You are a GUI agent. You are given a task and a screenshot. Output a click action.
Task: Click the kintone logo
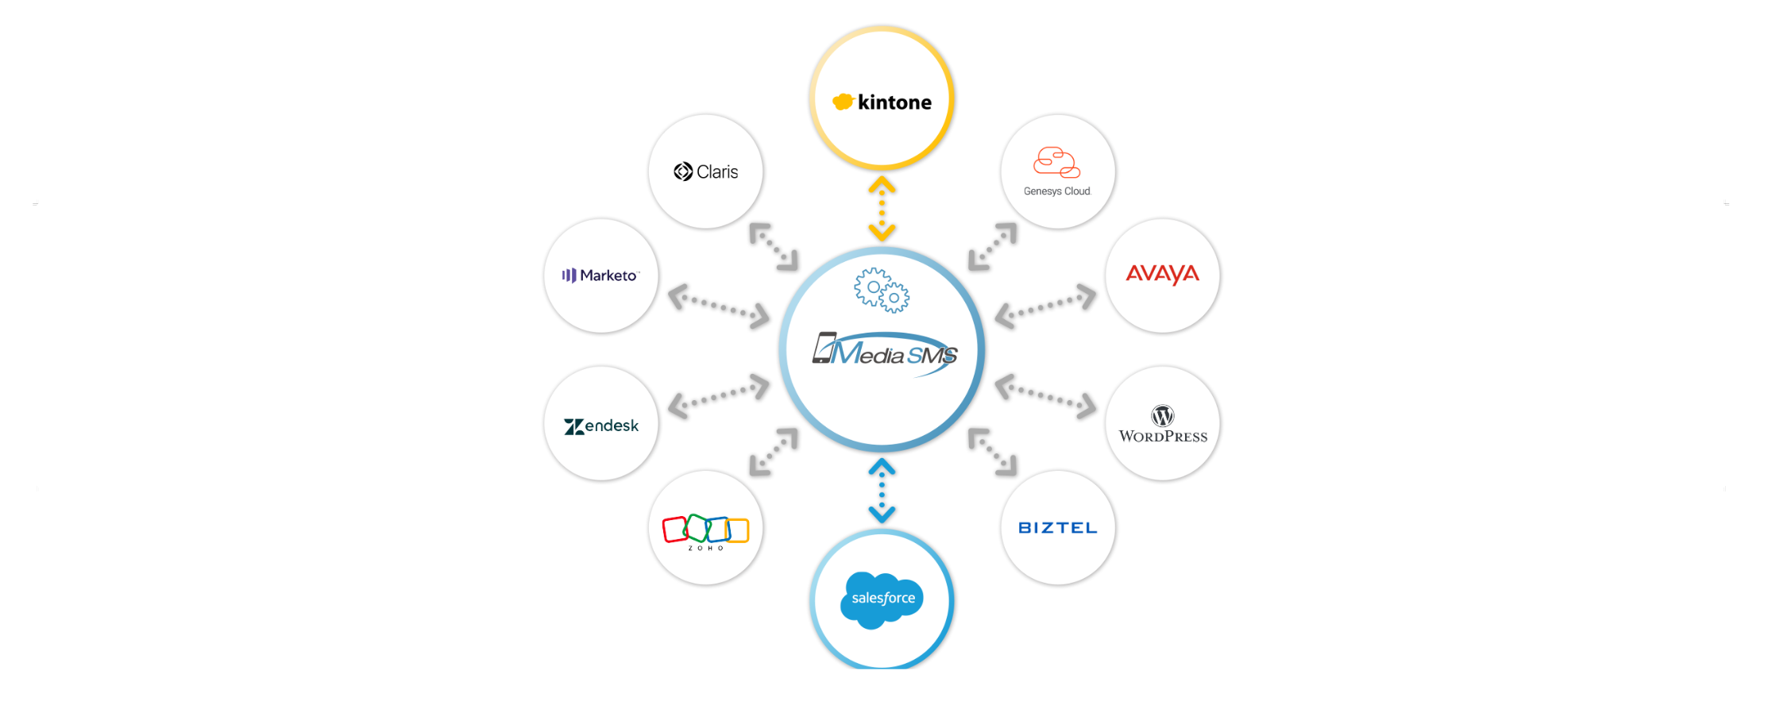[x=882, y=102]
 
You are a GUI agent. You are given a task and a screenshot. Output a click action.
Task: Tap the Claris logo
[x=706, y=171]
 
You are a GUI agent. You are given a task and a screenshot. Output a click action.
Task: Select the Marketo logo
[x=601, y=276]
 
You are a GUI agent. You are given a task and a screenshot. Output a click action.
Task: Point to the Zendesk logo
[x=601, y=426]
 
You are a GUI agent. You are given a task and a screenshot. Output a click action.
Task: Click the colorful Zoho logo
[x=705, y=530]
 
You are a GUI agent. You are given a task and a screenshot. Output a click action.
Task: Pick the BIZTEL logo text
[x=1057, y=528]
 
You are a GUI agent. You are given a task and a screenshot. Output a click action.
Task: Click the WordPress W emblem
[x=1163, y=415]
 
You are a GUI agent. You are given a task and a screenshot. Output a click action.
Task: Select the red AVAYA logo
[x=1162, y=274]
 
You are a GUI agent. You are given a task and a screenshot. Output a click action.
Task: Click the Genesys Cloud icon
[x=1056, y=162]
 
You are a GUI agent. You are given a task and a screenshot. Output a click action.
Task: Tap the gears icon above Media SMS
[x=882, y=291]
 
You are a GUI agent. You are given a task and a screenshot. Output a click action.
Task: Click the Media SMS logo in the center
[x=885, y=353]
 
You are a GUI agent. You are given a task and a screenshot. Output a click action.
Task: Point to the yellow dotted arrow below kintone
[x=882, y=209]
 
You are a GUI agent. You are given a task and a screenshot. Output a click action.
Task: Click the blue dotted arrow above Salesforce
[x=882, y=490]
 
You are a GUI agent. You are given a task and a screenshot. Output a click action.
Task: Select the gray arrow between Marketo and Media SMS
[x=719, y=306]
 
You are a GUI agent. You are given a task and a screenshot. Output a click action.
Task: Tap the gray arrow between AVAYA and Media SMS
[x=1045, y=306]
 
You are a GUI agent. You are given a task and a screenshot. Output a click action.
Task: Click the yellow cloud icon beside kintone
[x=843, y=102]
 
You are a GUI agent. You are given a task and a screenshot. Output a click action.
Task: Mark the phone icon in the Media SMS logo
[x=824, y=348]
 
